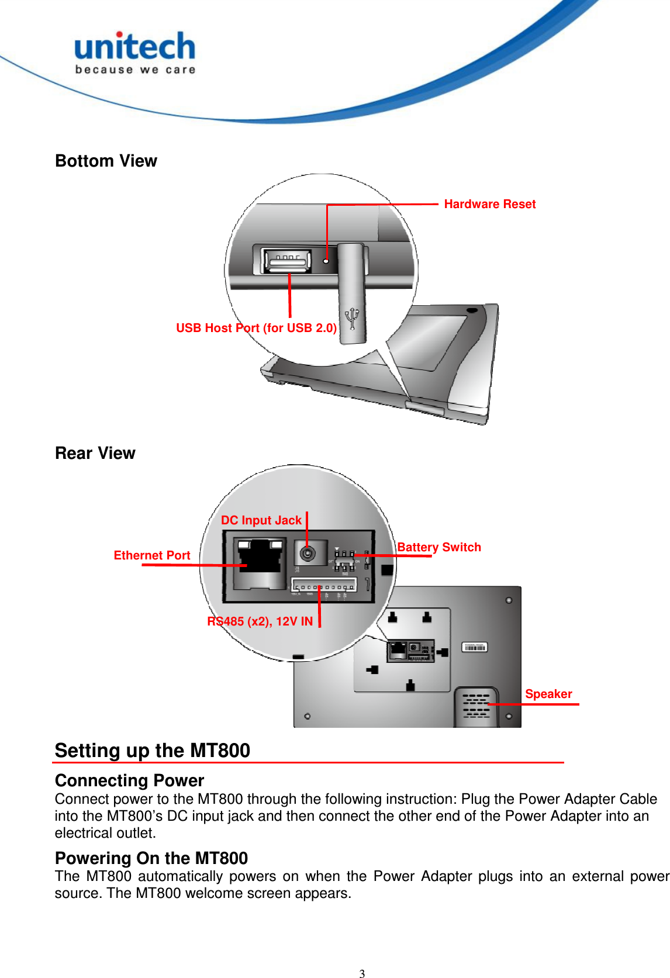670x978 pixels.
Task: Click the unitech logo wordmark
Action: (135, 47)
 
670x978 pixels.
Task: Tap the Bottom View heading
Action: (106, 161)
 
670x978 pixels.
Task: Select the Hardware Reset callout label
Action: (489, 204)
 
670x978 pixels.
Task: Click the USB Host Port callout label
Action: (256, 328)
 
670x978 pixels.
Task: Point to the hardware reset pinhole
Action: (326, 261)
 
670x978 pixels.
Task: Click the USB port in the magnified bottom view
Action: (286, 261)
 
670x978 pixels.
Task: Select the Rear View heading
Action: (95, 453)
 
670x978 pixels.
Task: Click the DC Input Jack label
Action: (261, 520)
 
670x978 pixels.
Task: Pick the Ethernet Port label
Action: (152, 555)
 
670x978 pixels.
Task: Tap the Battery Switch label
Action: (439, 547)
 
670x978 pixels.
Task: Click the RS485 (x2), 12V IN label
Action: (260, 621)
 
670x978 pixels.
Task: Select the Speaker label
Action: (548, 694)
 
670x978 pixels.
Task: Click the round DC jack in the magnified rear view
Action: (307, 552)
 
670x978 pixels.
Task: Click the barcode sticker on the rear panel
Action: (474, 647)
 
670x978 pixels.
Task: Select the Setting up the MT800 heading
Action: (153, 750)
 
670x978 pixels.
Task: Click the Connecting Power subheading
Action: (129, 780)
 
